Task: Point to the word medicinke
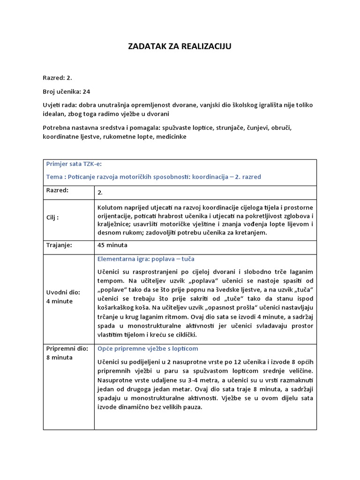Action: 172,136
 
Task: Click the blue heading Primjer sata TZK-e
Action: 74,164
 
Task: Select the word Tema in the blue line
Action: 54,177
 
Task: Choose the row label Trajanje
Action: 59,245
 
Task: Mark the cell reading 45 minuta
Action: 112,245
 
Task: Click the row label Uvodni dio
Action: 63,292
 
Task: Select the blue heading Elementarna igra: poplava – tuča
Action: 146,259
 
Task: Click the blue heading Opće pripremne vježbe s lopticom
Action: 148,349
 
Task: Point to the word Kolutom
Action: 111,207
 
